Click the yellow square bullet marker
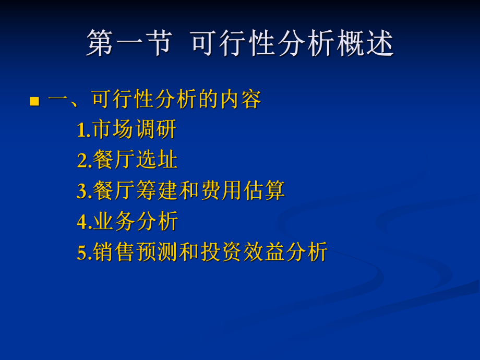pos(35,101)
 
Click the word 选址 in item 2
pos(157,160)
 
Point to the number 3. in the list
pos(84,191)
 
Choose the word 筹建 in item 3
pos(157,190)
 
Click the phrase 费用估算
pos(242,190)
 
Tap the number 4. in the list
pos(84,222)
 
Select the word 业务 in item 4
pos(114,221)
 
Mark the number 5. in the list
pos(84,253)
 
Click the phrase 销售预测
pos(135,252)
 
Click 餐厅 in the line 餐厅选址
pos(114,160)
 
